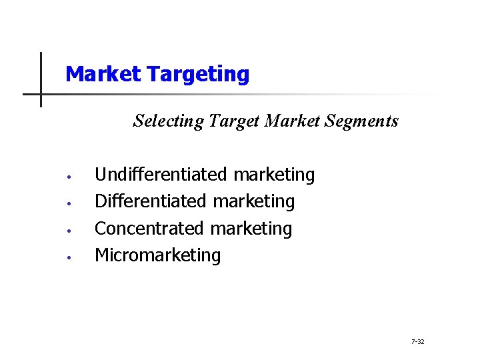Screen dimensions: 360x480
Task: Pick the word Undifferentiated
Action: [161, 175]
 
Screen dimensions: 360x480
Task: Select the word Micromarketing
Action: [157, 255]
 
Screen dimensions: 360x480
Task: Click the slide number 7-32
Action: [418, 342]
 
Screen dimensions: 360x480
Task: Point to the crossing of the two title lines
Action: [41, 94]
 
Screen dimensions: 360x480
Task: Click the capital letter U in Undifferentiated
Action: [101, 175]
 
